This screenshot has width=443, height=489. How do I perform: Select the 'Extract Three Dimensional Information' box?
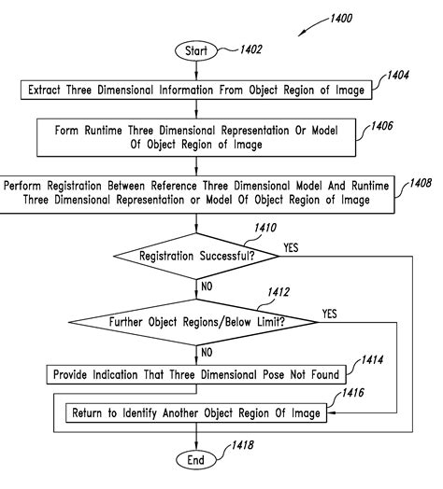coord(196,91)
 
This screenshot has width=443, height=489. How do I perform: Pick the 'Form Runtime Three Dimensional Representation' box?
coord(197,136)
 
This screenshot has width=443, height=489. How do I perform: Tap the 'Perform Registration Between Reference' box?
coord(197,193)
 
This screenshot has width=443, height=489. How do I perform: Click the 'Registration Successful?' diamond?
coord(196,255)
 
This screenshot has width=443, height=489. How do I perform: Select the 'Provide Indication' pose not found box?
coord(196,375)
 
